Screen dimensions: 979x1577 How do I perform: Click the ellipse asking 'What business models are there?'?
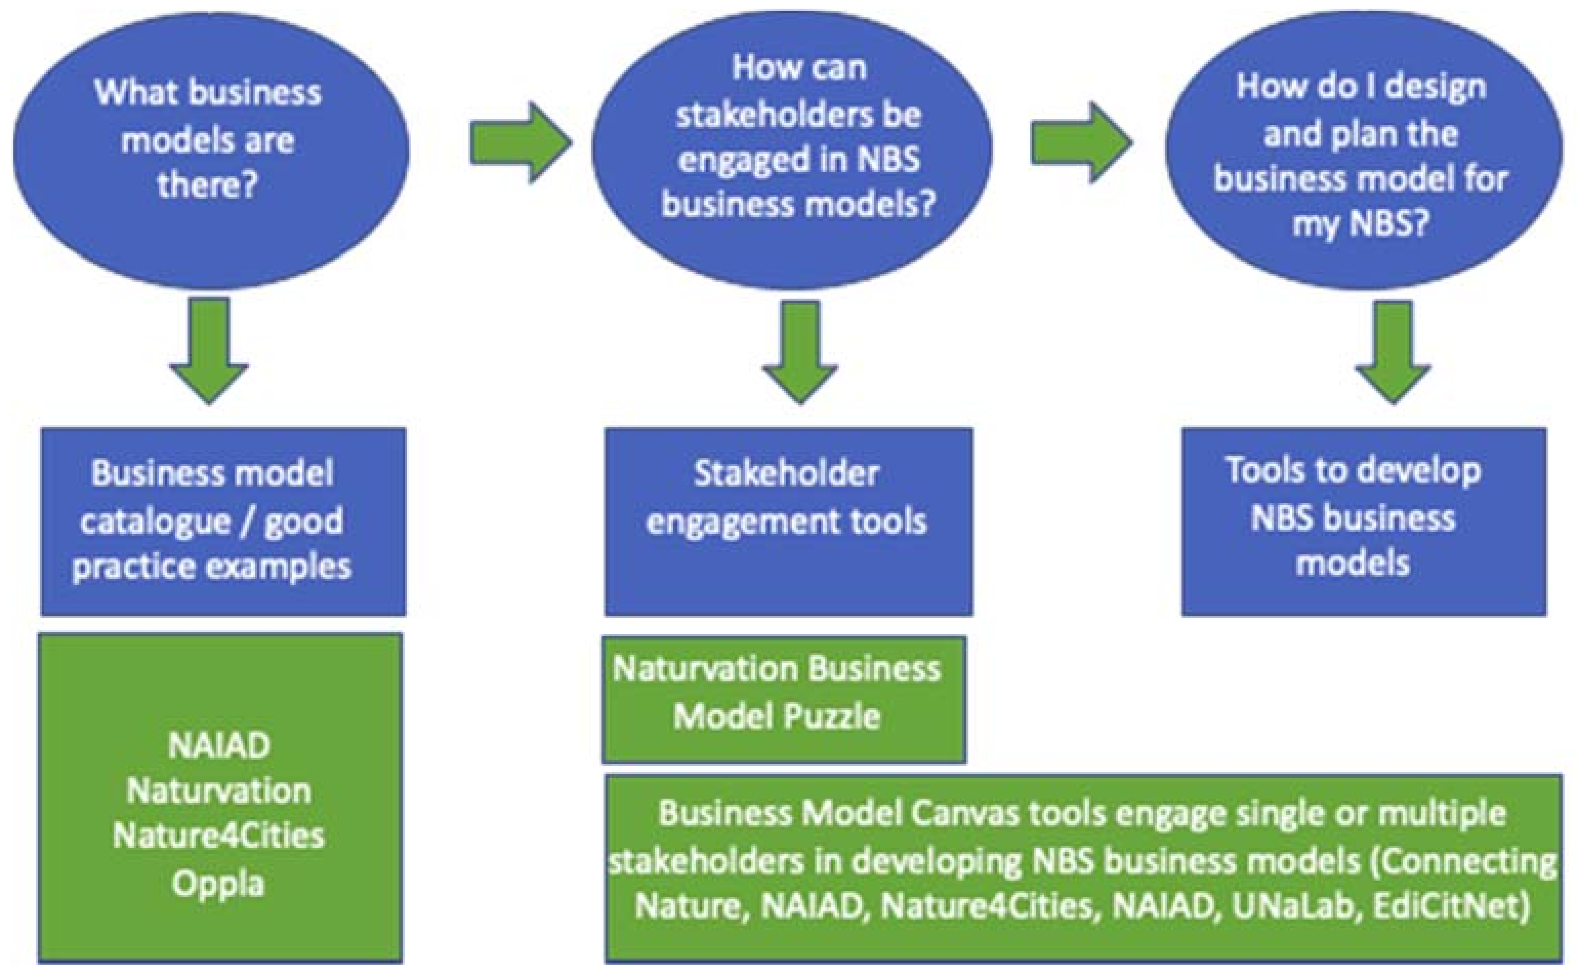click(211, 149)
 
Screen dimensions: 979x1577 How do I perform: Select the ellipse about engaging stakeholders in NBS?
click(791, 149)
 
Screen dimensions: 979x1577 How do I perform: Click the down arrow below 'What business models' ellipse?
click(209, 349)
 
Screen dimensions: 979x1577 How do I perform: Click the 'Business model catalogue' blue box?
click(223, 521)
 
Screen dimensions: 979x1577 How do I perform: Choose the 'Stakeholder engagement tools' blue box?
click(788, 521)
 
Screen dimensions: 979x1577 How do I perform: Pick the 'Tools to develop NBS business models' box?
click(1363, 521)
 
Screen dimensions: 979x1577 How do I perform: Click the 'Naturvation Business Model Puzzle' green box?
click(783, 699)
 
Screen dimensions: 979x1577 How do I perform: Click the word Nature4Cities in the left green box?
click(218, 836)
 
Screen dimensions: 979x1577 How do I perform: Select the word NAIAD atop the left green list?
click(218, 746)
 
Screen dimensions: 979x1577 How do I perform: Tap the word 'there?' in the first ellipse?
click(207, 185)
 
